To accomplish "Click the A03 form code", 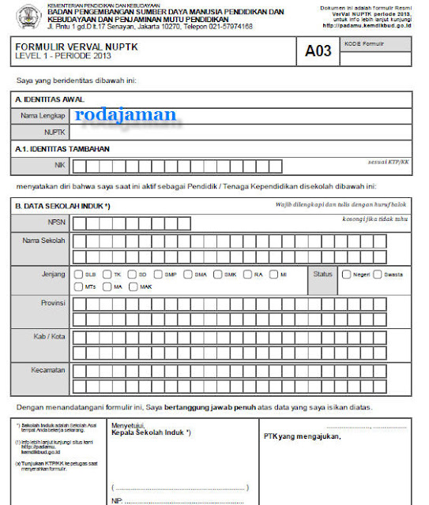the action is (318, 52).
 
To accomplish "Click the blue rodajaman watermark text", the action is (126, 114).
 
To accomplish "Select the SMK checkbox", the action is (217, 275).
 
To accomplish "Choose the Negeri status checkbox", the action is (346, 275).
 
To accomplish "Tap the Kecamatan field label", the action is (49, 368).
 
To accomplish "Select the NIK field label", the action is (58, 166).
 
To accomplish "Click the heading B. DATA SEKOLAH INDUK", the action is (62, 206).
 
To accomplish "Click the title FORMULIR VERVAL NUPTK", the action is (67, 47).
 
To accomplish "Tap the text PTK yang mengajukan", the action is (303, 435).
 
